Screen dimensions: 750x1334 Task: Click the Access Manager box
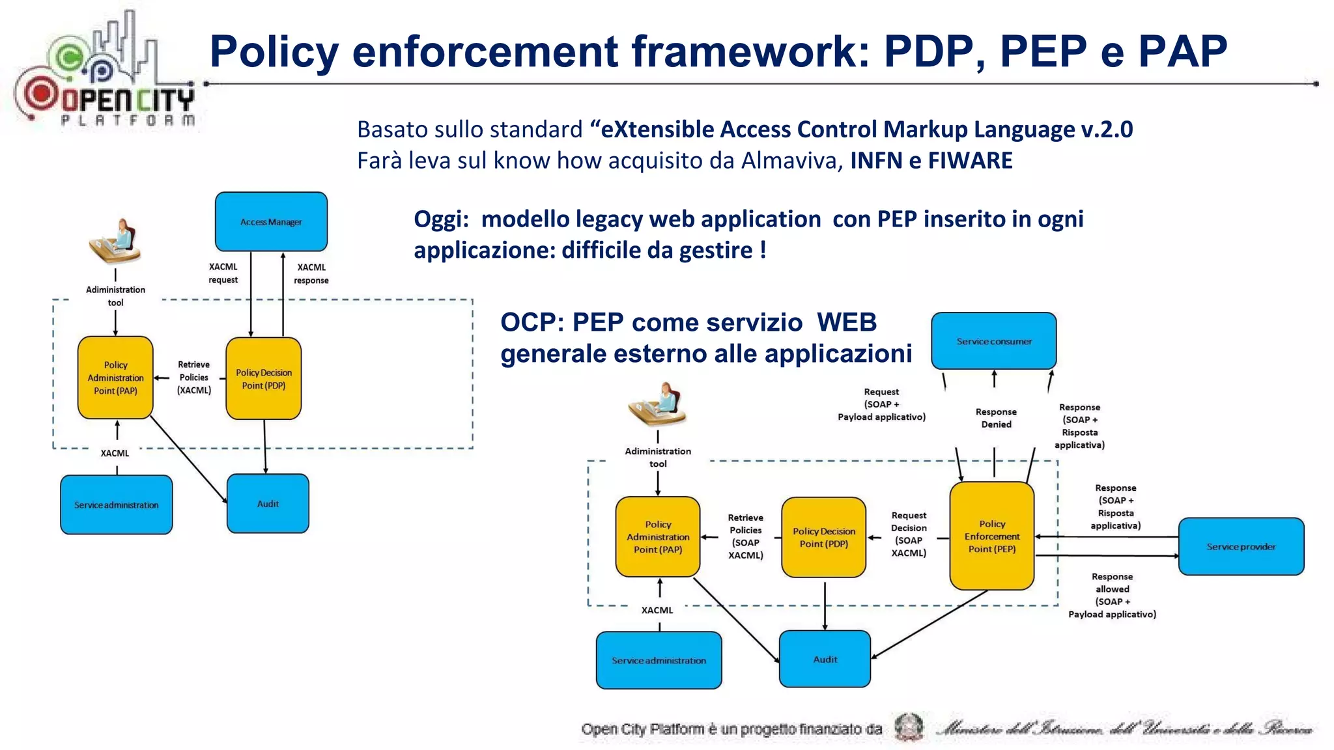271,221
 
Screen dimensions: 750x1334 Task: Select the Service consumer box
993,340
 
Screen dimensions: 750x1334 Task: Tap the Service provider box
1241,546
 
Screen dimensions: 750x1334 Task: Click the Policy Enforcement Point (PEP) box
991,536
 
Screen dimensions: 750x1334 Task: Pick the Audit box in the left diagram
268,503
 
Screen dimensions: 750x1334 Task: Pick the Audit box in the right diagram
825,659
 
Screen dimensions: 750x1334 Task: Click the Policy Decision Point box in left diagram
263,378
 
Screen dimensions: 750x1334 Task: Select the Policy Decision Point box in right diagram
823,537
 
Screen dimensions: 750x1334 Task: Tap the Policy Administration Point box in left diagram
115,378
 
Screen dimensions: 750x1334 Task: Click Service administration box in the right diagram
659,660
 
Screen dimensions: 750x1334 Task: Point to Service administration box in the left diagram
116,505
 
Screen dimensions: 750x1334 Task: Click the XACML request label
223,273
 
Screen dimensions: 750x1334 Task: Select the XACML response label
311,273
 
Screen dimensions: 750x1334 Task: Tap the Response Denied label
996,418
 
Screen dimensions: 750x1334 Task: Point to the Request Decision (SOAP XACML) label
909,534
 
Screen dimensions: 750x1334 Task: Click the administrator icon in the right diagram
657,404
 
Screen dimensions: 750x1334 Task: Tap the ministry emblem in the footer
909,727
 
